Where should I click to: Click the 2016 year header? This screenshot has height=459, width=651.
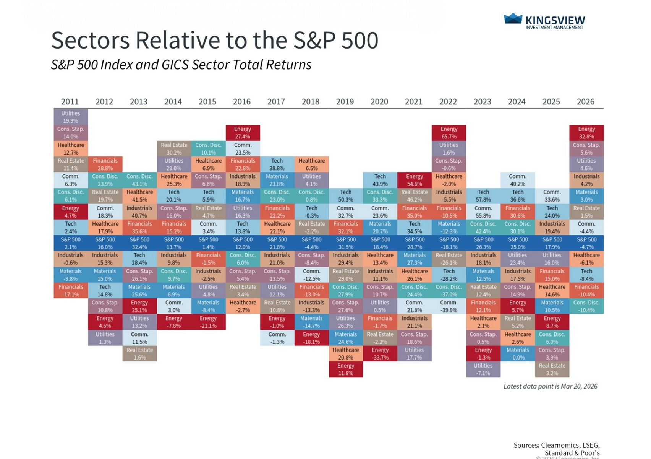coord(242,102)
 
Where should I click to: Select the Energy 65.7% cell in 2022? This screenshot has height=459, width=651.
coord(449,133)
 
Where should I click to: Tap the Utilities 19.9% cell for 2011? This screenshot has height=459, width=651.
coord(71,117)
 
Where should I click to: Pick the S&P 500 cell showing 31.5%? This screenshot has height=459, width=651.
coord(346,243)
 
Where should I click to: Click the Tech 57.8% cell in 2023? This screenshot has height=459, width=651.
coord(483,196)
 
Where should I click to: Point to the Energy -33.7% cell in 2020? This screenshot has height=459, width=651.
coord(380,354)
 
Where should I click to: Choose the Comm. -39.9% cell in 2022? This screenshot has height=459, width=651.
coord(449,306)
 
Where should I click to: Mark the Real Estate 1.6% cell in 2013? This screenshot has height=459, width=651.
coord(139,354)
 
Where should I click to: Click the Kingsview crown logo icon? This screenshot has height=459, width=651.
coord(513,19)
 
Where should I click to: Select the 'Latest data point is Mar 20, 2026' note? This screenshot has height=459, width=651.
coord(550,386)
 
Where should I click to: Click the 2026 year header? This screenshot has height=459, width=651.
coord(586,102)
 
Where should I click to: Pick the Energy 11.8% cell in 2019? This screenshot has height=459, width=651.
coord(346,369)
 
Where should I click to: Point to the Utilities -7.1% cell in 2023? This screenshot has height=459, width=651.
coord(483,369)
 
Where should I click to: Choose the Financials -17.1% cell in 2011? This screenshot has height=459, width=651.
coord(71,291)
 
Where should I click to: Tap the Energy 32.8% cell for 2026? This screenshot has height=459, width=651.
coord(586,133)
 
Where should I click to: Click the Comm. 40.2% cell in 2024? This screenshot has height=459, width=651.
coord(518,180)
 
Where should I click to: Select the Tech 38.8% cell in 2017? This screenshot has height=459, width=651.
coord(277,164)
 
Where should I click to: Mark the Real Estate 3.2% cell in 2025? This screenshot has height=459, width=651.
coord(552,369)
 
